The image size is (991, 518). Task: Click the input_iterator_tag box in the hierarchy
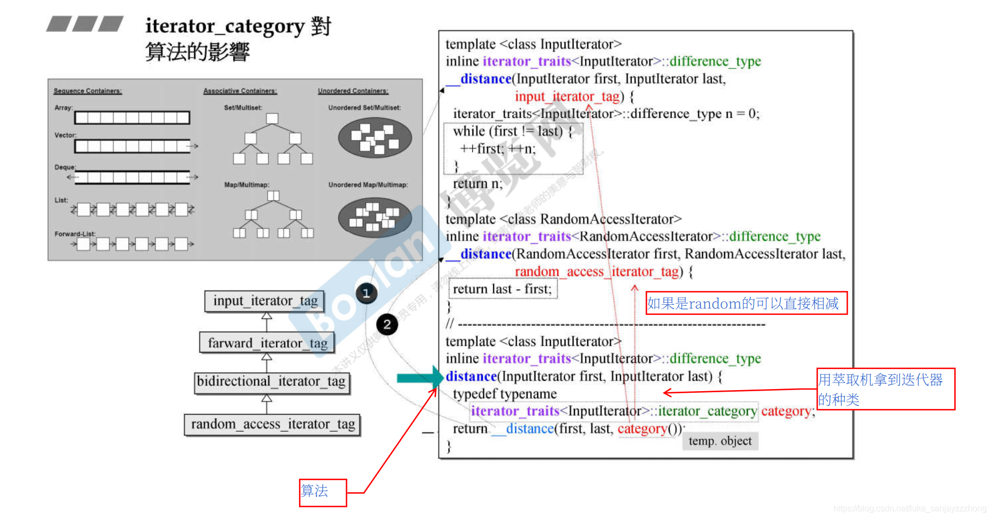pyautogui.click(x=265, y=301)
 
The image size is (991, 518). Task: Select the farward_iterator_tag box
pyautogui.click(x=267, y=343)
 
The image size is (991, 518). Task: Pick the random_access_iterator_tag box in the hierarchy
pyautogui.click(x=272, y=424)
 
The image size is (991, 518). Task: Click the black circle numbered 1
pyautogui.click(x=366, y=293)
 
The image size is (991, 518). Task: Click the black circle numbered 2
pyautogui.click(x=387, y=324)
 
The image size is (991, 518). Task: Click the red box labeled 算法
pyautogui.click(x=323, y=493)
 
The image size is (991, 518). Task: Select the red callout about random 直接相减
pyautogui.click(x=746, y=303)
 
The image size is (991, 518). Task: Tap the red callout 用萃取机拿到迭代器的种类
pyautogui.click(x=885, y=389)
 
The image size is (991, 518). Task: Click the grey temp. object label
pyautogui.click(x=720, y=441)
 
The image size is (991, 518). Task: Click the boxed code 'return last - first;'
pyautogui.click(x=502, y=289)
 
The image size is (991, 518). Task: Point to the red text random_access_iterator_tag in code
pyautogui.click(x=597, y=272)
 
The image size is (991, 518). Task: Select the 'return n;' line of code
pyautogui.click(x=478, y=184)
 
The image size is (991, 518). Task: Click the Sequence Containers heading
pyautogui.click(x=87, y=91)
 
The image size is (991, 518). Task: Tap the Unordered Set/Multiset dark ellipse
pyautogui.click(x=374, y=137)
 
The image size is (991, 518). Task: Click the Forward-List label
pyautogui.click(x=75, y=234)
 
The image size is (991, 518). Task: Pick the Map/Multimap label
pyautogui.click(x=246, y=185)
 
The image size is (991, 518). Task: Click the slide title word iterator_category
pyautogui.click(x=225, y=26)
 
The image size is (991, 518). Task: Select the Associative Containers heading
pyautogui.click(x=240, y=91)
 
